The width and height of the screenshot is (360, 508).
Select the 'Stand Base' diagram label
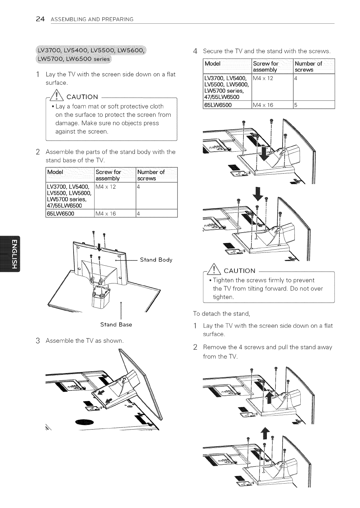tap(116, 325)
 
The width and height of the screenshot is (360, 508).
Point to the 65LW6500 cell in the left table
tap(60, 213)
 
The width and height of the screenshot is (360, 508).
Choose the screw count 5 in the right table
tap(295, 105)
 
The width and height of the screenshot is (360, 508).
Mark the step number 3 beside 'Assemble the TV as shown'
tap(37, 341)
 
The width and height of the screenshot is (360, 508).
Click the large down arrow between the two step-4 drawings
tap(259, 194)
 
